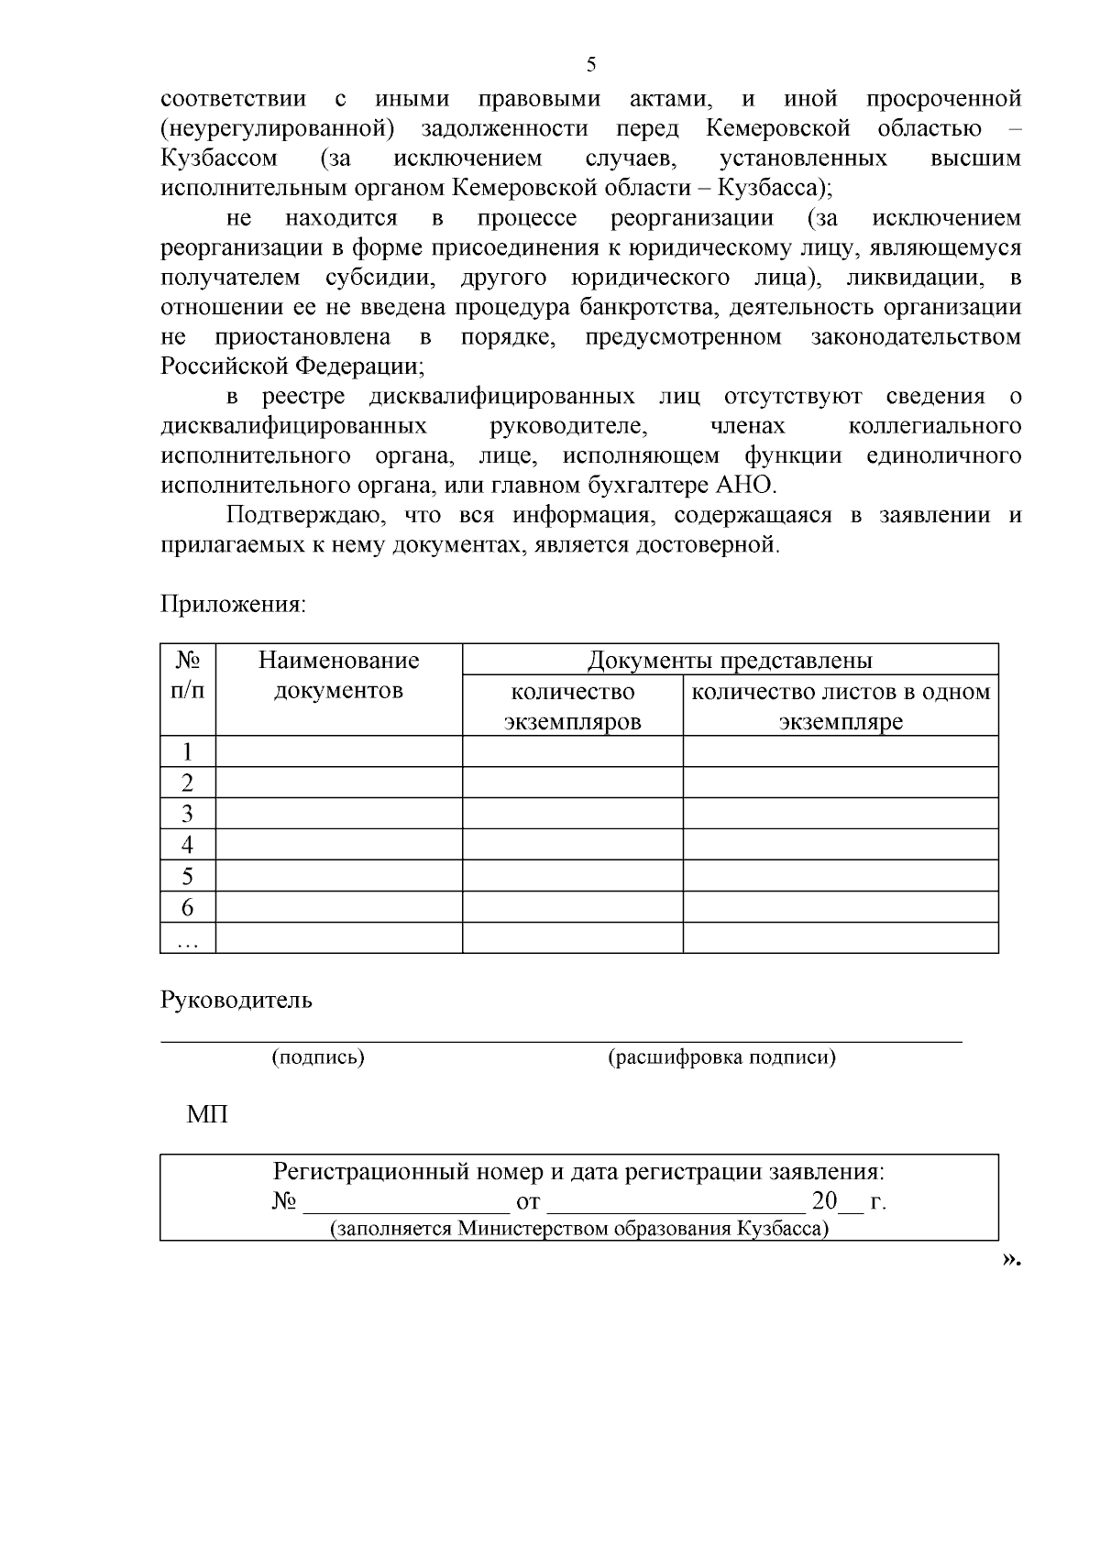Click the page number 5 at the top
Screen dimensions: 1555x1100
[x=590, y=64]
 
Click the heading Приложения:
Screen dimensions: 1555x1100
[x=233, y=605]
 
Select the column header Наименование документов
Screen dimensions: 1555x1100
[x=338, y=675]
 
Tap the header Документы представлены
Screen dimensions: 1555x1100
[x=730, y=660]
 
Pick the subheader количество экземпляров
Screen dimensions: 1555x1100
[x=572, y=706]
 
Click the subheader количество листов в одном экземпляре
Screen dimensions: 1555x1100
[x=841, y=706]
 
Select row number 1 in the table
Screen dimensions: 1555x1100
[x=187, y=752]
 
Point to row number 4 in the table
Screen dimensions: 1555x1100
[x=187, y=845]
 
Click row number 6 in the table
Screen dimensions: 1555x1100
[x=187, y=907]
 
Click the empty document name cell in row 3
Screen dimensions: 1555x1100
[x=338, y=814]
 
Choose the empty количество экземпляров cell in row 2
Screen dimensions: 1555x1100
[x=572, y=783]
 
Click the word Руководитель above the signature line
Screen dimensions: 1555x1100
[x=236, y=1000]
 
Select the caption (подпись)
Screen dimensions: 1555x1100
[x=318, y=1057]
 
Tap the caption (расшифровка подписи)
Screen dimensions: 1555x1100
[x=721, y=1057]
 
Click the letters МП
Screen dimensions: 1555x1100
[x=207, y=1115]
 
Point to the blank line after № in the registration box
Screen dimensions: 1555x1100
[x=405, y=1203]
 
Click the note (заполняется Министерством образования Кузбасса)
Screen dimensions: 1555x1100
[x=578, y=1229]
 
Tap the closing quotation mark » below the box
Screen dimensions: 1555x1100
[x=1009, y=1260]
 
